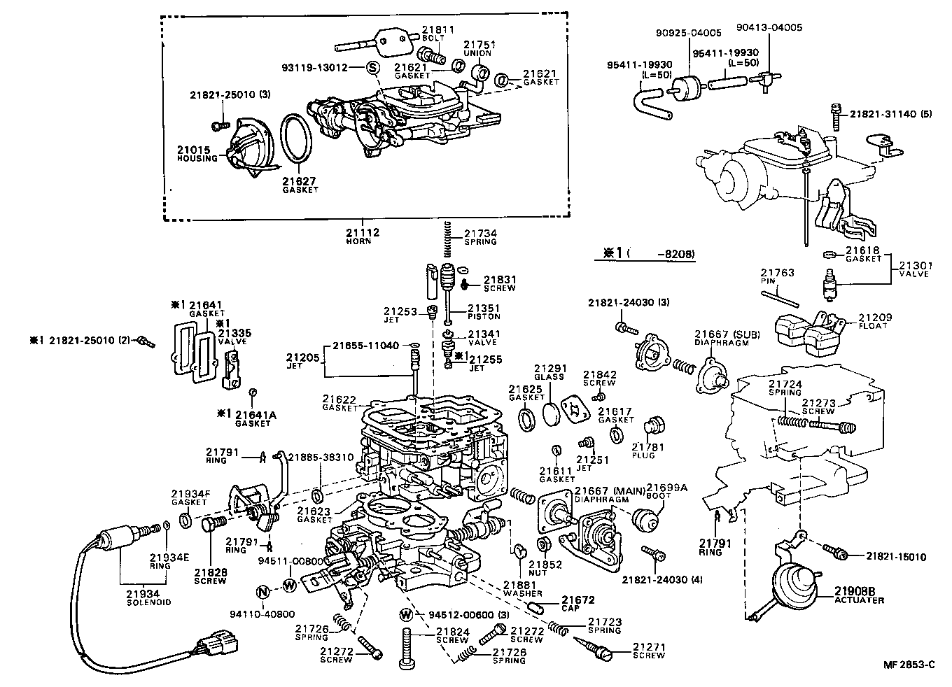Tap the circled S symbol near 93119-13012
point(372,67)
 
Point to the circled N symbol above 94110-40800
point(262,591)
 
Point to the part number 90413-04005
point(769,28)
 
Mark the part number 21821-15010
point(896,557)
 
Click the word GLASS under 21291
point(548,376)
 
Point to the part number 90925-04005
point(688,32)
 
